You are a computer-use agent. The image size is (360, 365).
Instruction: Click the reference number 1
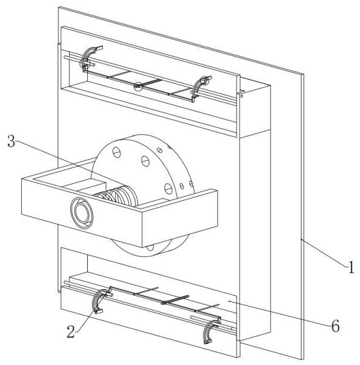351,267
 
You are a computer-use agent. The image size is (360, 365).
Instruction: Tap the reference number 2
71,331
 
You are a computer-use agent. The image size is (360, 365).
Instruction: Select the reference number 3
11,141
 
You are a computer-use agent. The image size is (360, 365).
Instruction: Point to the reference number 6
335,326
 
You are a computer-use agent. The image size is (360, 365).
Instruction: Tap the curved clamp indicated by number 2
98,300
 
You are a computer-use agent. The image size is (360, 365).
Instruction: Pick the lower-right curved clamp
209,331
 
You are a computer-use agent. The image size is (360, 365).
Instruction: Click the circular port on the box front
82,213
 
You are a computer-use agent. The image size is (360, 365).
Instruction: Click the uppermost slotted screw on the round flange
117,152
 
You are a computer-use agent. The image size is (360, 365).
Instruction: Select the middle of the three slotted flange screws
146,161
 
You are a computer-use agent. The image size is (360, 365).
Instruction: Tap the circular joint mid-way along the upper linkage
138,87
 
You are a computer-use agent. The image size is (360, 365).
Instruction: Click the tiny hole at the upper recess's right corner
241,96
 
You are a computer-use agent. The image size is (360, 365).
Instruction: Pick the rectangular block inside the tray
85,186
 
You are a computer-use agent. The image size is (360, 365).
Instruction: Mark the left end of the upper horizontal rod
65,57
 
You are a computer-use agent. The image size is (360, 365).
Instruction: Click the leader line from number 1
324,253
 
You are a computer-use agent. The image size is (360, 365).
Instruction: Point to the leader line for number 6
279,313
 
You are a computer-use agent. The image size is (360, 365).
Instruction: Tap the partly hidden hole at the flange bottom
150,248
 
